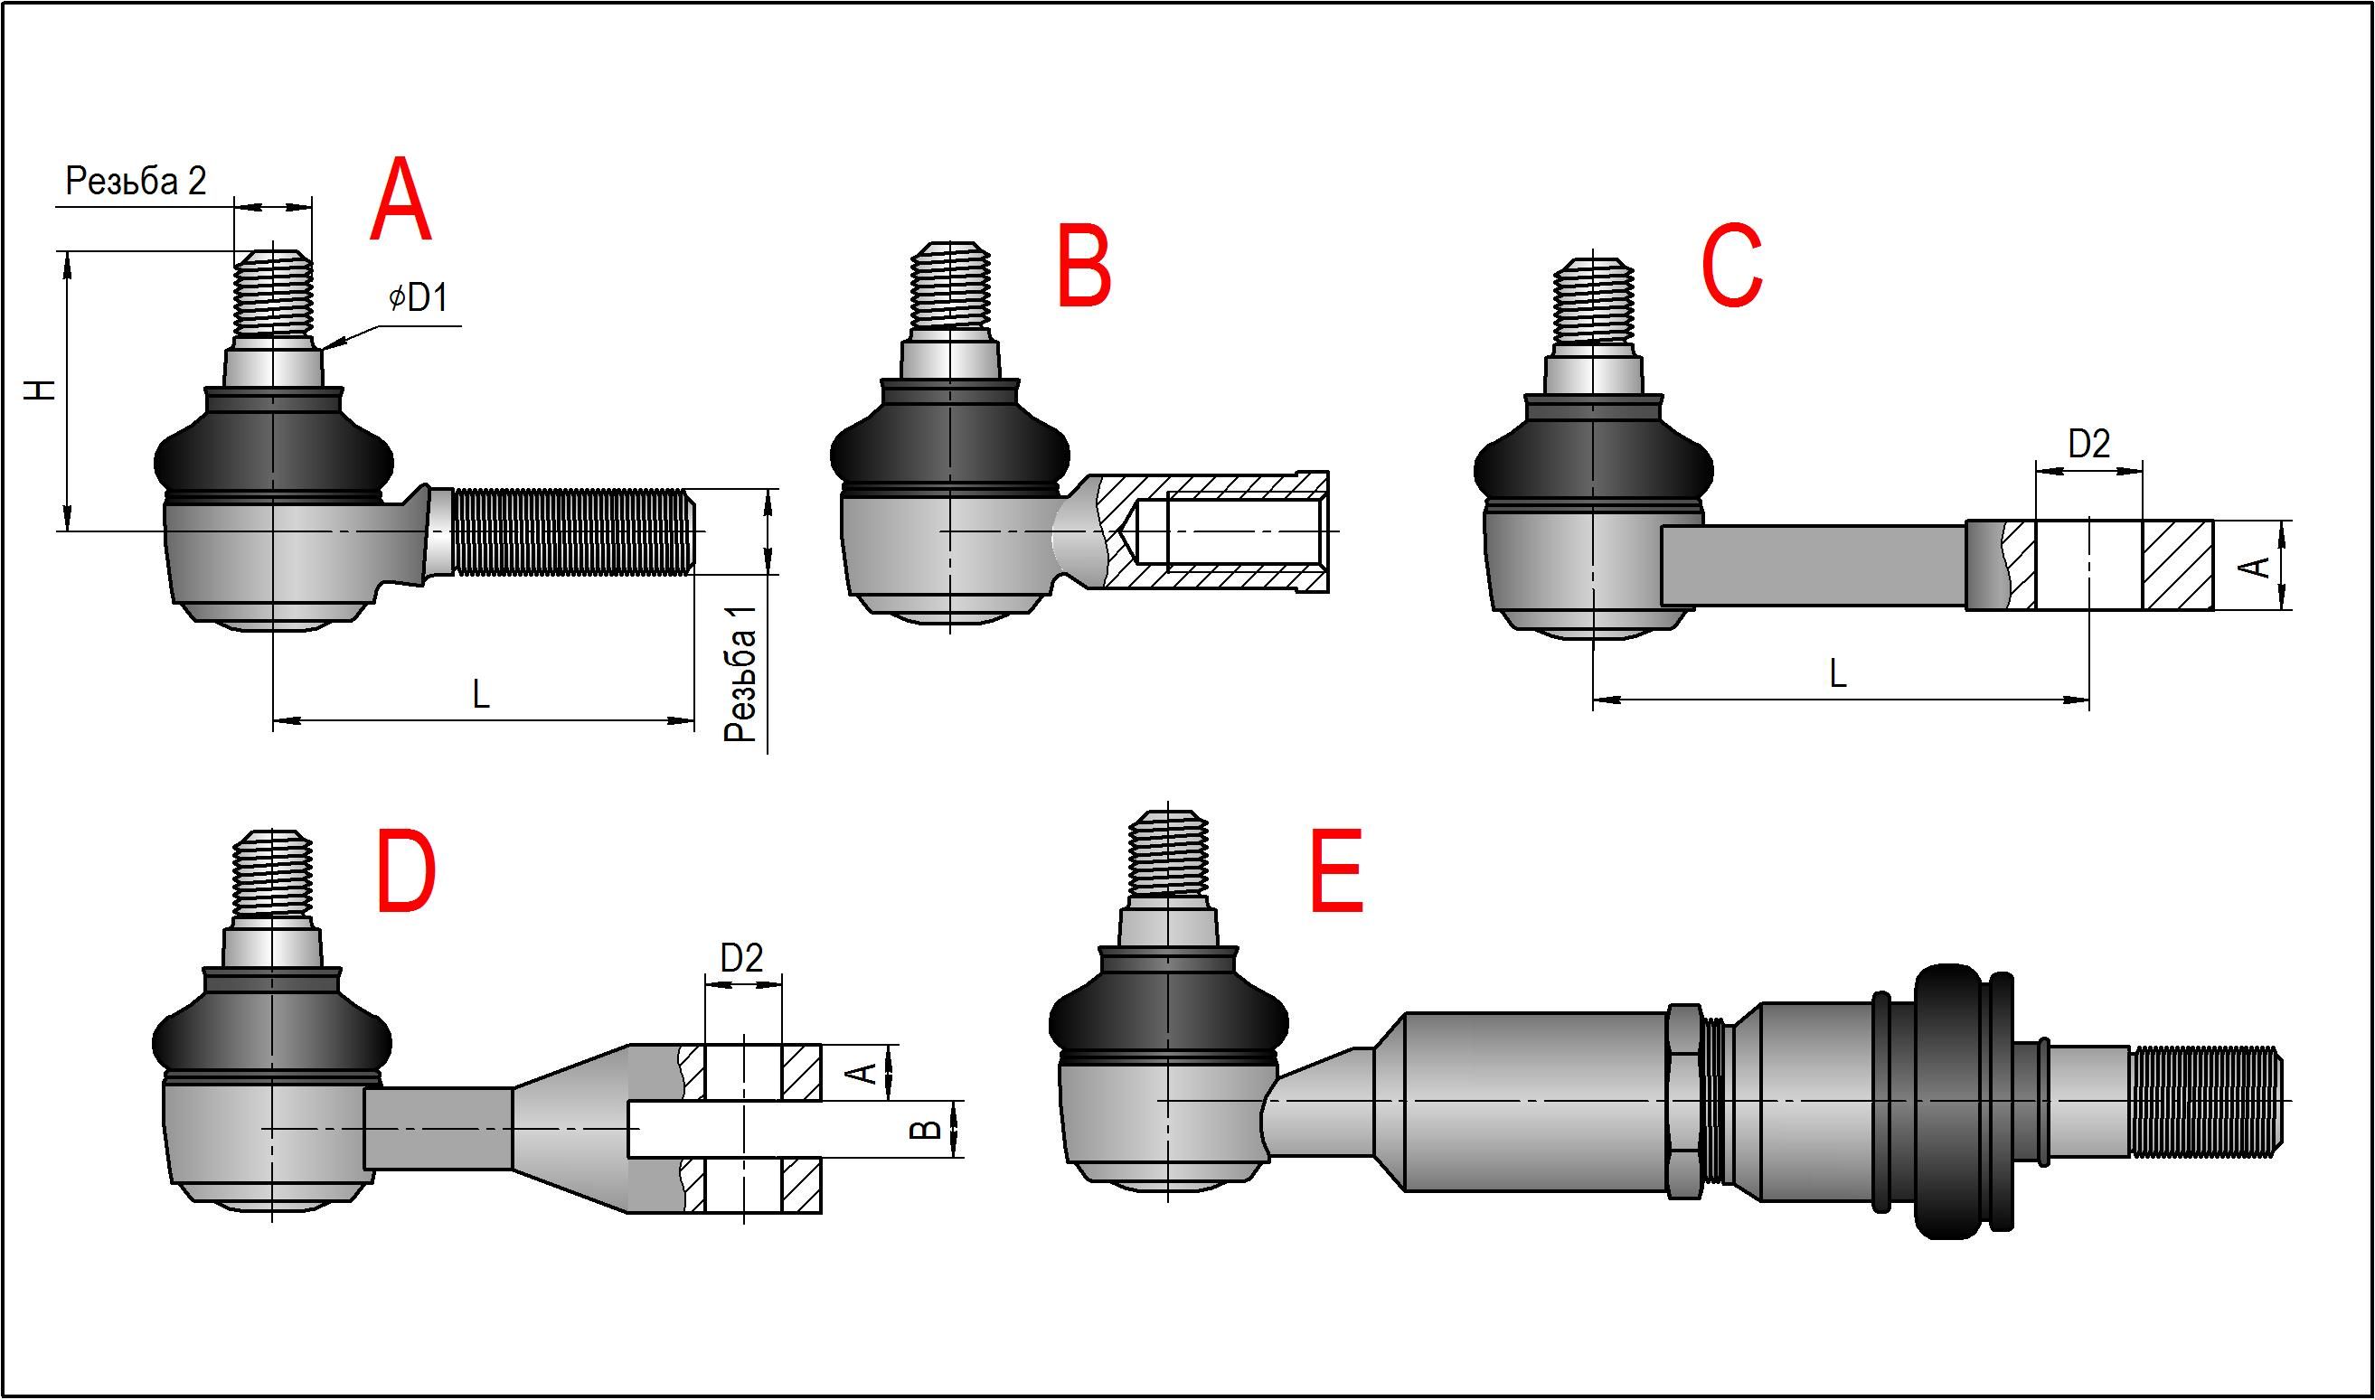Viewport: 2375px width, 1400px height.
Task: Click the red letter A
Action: [401, 202]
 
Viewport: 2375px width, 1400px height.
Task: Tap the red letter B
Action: [1084, 266]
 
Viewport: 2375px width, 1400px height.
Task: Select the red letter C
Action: [1731, 266]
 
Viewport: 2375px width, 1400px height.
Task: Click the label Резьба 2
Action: [136, 181]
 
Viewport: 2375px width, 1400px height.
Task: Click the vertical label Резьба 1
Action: [740, 673]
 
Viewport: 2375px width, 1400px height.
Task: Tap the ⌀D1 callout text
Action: [418, 298]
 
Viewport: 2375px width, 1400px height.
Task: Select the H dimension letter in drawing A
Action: [41, 390]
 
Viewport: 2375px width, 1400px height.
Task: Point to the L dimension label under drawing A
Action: [481, 696]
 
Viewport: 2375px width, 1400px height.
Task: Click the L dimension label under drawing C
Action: [1837, 674]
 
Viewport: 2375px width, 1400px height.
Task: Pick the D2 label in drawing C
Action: [2088, 445]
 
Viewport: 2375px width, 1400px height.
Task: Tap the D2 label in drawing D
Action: [740, 960]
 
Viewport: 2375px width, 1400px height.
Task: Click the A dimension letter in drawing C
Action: [2256, 567]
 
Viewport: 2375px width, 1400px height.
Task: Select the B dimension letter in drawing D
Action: [928, 1129]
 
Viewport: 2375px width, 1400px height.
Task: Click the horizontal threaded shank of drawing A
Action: [570, 531]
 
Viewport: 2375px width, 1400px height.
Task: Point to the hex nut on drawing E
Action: [1684, 1102]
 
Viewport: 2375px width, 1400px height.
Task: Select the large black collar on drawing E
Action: [1946, 1102]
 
